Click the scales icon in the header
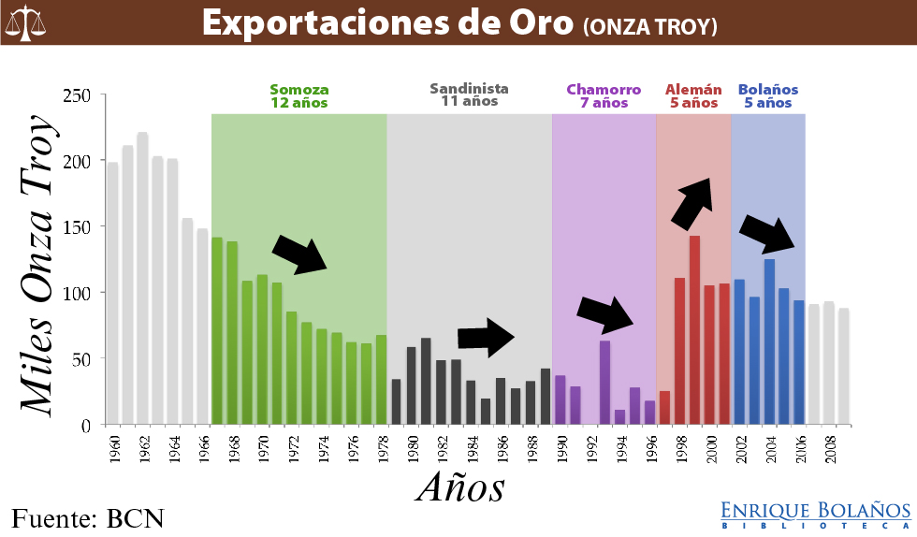pyautogui.click(x=27, y=22)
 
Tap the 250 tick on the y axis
pyautogui.click(x=78, y=95)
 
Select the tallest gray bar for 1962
pyautogui.click(x=142, y=278)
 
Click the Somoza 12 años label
pyautogui.click(x=299, y=96)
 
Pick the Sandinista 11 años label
pyautogui.click(x=470, y=94)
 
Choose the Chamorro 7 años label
pyautogui.click(x=604, y=96)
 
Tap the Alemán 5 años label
pyautogui.click(x=693, y=96)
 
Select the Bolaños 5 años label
pyautogui.click(x=768, y=96)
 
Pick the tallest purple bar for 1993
pyautogui.click(x=604, y=382)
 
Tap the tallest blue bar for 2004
pyautogui.click(x=769, y=341)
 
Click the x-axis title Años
pyautogui.click(x=460, y=487)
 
